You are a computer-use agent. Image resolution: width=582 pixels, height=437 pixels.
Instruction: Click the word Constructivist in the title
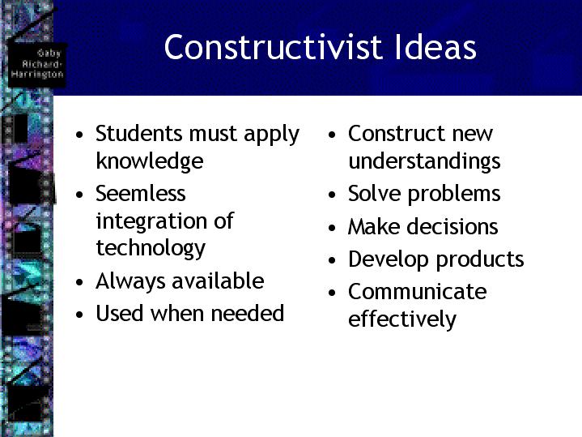[x=274, y=47]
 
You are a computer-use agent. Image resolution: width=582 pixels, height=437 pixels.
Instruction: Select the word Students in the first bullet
[x=138, y=133]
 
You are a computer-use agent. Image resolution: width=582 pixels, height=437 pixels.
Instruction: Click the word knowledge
[x=150, y=161]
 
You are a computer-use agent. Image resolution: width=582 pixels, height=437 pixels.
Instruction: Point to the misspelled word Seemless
[x=141, y=194]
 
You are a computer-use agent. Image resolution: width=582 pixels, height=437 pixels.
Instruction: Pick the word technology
[x=151, y=248]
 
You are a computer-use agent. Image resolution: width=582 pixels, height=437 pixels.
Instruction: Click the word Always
[x=130, y=281]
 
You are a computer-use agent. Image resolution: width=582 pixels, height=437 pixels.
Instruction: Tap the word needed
[x=248, y=313]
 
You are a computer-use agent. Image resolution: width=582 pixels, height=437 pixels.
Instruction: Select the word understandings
[x=425, y=161]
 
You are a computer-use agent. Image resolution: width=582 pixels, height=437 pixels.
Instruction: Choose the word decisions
[x=452, y=226]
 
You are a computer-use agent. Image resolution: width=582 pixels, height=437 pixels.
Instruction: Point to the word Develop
[x=389, y=259]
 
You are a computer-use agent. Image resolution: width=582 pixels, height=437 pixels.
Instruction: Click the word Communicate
[x=418, y=291]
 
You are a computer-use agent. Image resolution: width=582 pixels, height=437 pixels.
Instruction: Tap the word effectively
[x=402, y=319]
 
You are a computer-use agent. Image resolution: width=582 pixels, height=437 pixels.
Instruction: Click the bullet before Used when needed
[x=79, y=315]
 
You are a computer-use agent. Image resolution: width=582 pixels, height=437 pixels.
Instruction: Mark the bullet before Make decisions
[x=332, y=228]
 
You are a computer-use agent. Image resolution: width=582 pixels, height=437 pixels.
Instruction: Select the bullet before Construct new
[x=332, y=135]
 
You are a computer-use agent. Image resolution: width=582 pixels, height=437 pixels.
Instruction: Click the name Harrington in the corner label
[x=37, y=74]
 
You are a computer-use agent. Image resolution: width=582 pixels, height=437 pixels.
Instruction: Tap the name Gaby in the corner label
[x=49, y=54]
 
